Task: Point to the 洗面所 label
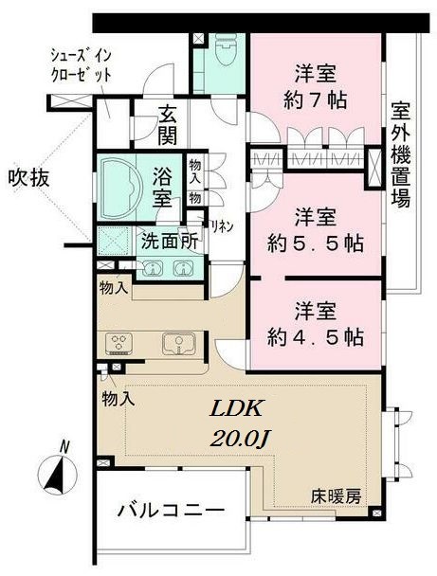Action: click(171, 242)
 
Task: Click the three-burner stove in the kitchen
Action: click(118, 344)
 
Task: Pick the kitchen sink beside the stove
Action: click(178, 344)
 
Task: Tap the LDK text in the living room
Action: click(236, 409)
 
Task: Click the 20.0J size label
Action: click(240, 438)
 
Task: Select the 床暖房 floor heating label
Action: click(336, 496)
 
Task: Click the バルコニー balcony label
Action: click(171, 511)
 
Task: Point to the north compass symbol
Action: click(57, 471)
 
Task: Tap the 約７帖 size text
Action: click(316, 99)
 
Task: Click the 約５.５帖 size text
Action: click(316, 243)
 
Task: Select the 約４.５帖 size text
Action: click(316, 337)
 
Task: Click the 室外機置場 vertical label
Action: click(400, 153)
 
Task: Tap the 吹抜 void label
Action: click(28, 179)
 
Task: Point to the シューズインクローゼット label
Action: click(81, 65)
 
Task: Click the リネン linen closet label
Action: click(221, 226)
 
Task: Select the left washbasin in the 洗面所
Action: click(152, 268)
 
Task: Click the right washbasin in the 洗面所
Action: click(182, 268)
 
